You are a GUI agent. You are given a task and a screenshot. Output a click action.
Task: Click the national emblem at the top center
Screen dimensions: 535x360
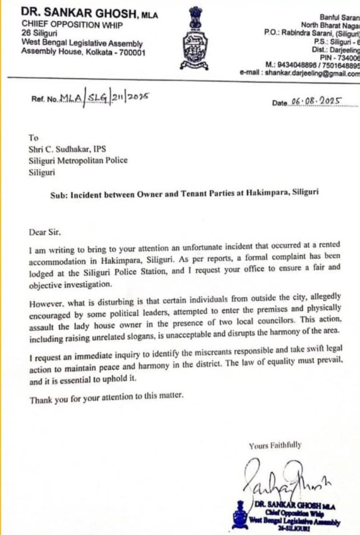(194, 38)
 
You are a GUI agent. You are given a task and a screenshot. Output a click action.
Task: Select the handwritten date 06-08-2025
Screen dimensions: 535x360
(317, 102)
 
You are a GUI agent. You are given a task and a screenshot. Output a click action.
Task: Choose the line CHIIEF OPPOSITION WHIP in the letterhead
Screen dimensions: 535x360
(72, 25)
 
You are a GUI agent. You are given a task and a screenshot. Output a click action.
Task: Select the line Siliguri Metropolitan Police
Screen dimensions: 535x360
(78, 160)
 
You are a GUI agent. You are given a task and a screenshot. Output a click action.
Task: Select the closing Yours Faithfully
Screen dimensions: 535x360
(274, 446)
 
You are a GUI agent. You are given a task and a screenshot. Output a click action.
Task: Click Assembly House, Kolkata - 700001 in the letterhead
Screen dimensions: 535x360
(84, 52)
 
